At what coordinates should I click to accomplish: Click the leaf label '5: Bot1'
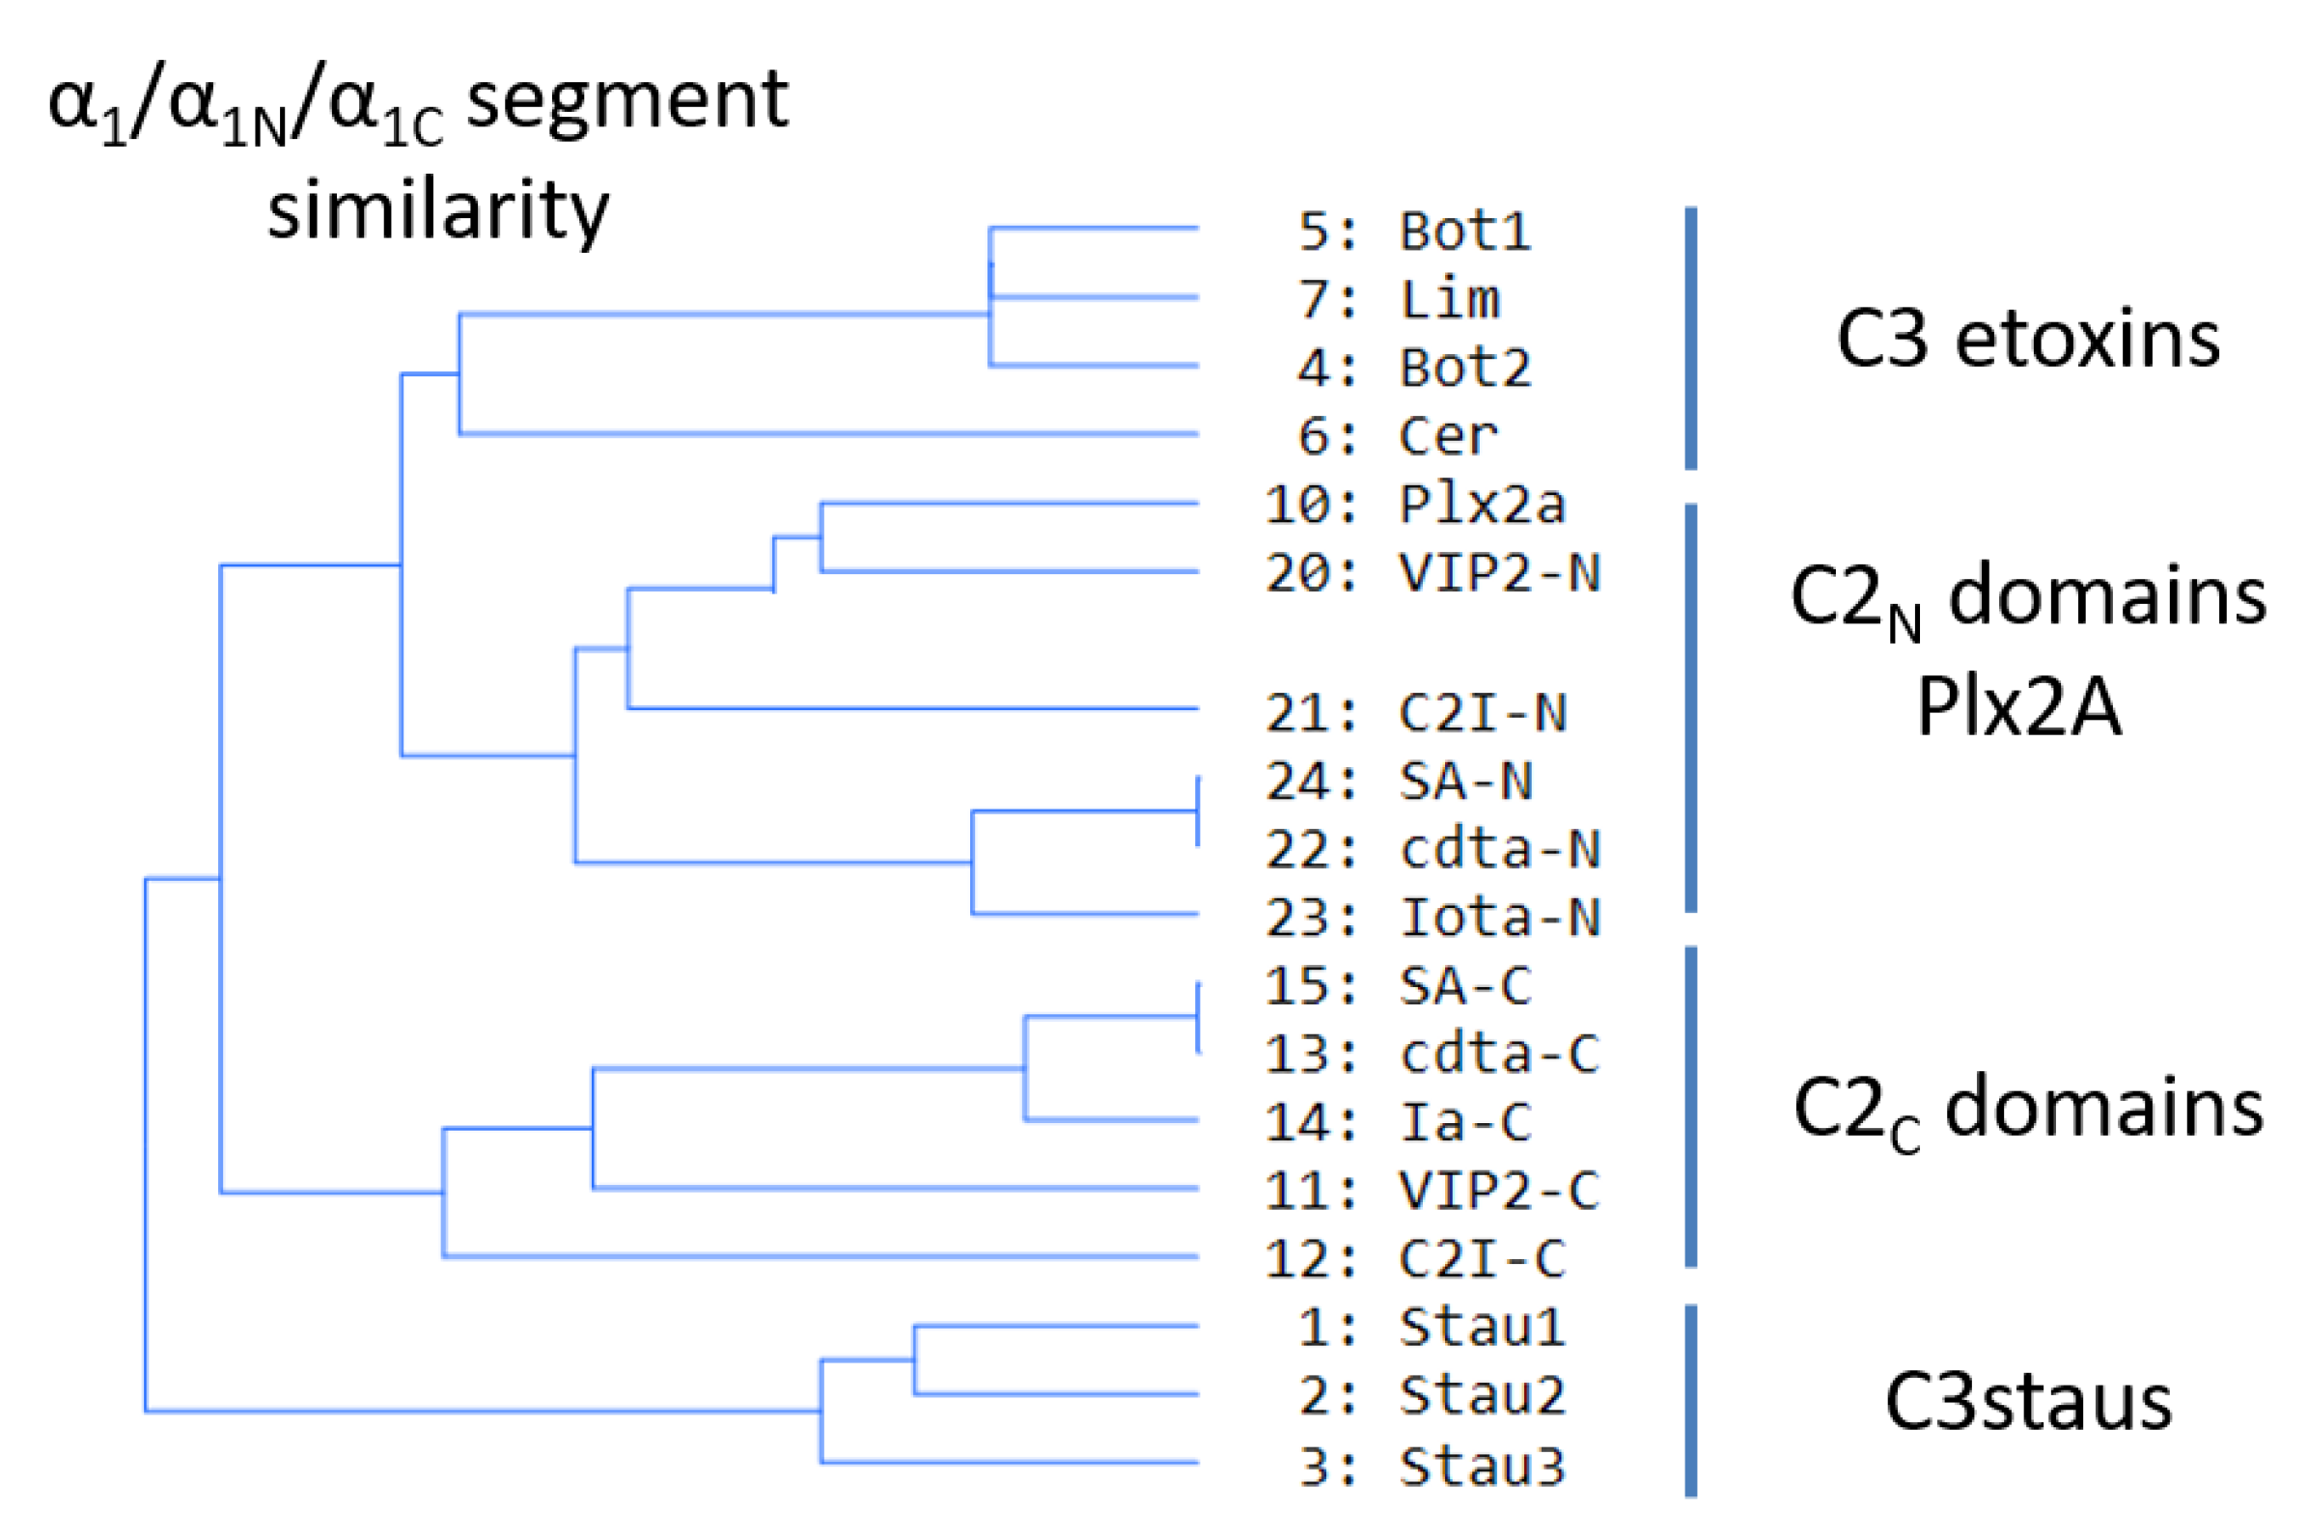tap(1414, 232)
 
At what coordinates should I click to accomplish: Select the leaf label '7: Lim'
tap(1400, 299)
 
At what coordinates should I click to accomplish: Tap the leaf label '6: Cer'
tap(1399, 435)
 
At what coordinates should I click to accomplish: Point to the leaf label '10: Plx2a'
tap(1414, 506)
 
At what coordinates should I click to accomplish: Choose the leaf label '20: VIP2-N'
tap(1432, 573)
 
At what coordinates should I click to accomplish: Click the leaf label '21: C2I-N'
tap(1416, 713)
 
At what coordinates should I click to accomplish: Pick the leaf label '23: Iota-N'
tap(1432, 919)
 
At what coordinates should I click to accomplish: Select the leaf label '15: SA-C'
tap(1398, 986)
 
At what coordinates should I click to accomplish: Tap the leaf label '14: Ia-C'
tap(1398, 1122)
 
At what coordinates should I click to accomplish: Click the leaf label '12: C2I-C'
tap(1415, 1258)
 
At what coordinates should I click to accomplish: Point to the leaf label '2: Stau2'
tap(1432, 1395)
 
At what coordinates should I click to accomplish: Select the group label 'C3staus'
tap(2027, 1402)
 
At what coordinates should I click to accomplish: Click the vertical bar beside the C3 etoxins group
tap(1691, 339)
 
